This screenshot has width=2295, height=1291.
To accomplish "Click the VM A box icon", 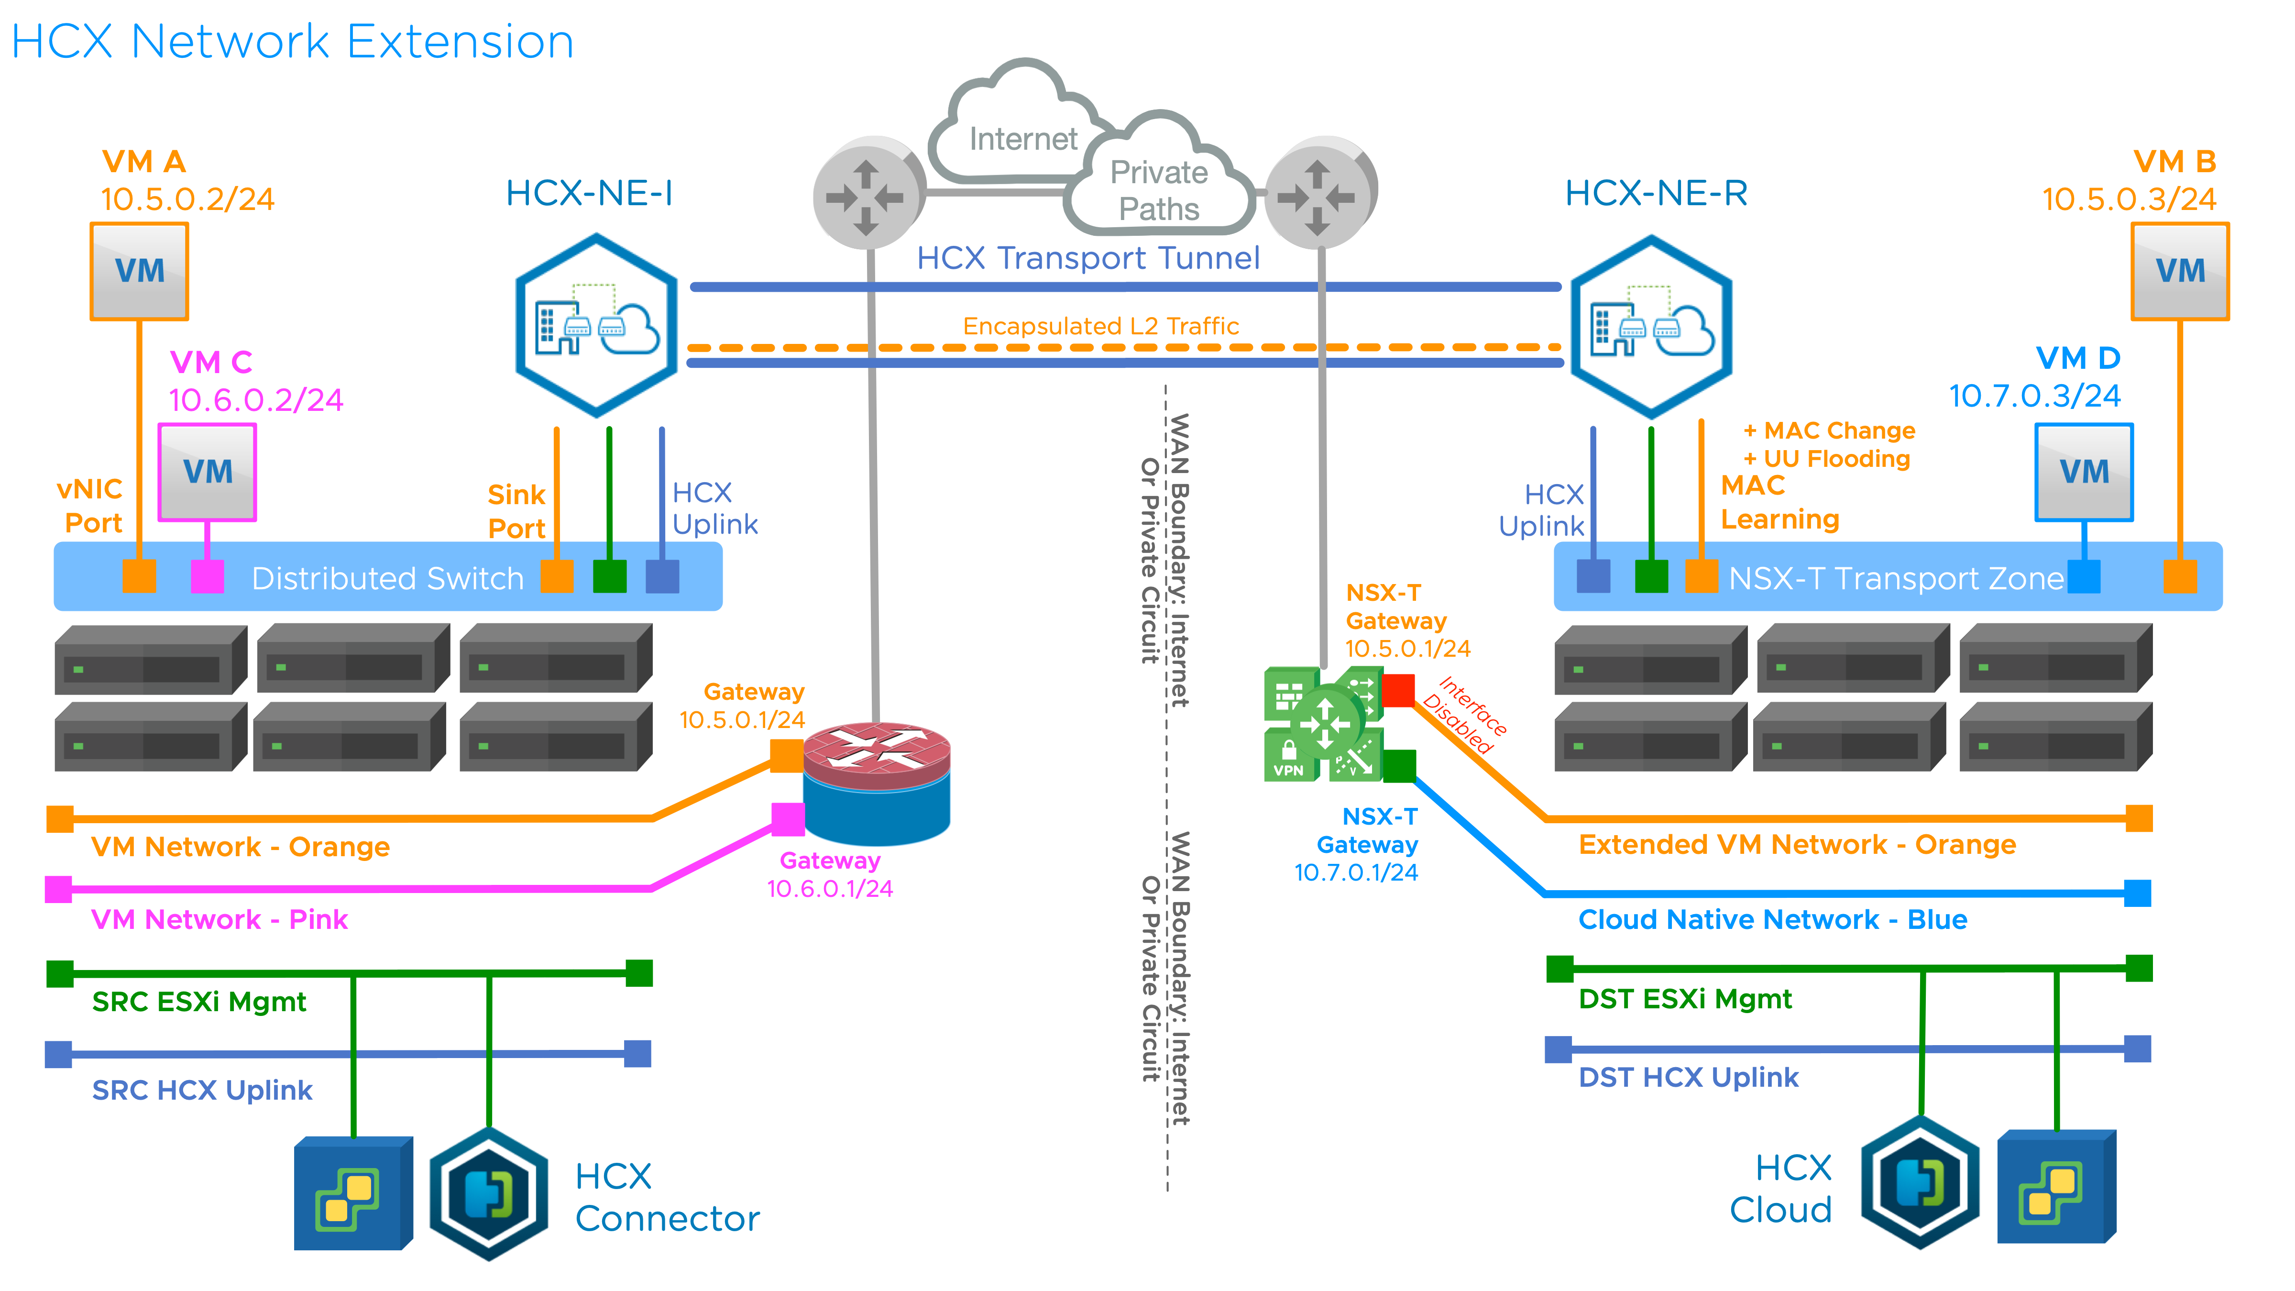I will tap(139, 271).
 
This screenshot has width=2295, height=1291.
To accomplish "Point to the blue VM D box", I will tap(2083, 471).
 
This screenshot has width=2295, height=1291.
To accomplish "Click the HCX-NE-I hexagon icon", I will tap(596, 326).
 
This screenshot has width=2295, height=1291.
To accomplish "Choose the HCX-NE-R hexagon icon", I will tap(1651, 326).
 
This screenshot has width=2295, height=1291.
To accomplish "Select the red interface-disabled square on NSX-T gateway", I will tap(1398, 690).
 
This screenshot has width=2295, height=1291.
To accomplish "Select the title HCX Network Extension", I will tap(292, 42).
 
